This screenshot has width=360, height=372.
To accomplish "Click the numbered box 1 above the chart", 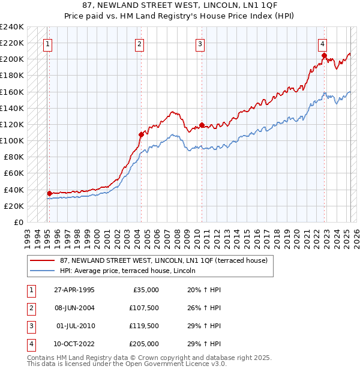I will point(47,43).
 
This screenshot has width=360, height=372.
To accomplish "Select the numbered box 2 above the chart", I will point(139,43).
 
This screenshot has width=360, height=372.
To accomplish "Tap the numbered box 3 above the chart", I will point(200,43).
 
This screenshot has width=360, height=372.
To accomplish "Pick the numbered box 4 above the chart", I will point(322,43).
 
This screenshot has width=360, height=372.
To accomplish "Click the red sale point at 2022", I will point(324,56).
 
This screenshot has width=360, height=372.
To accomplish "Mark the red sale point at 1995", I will point(50,193).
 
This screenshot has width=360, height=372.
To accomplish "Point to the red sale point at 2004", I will point(142,134).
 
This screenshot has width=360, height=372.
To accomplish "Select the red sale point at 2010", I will point(202,125).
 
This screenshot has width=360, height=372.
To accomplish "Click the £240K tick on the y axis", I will point(12,27).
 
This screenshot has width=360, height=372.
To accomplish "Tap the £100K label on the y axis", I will point(12,140).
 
